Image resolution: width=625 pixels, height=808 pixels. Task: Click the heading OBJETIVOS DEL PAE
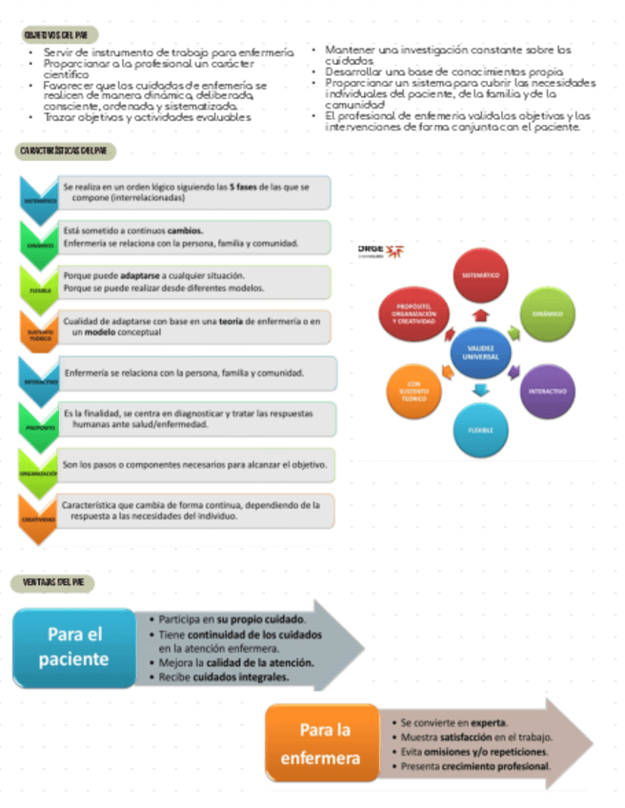click(62, 34)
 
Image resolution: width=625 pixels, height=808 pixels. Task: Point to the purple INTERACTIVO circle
click(548, 392)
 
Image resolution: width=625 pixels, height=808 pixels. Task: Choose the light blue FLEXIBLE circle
click(480, 430)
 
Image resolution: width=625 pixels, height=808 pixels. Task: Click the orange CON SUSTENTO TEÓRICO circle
click(413, 391)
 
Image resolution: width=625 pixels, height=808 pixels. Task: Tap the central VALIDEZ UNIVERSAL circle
click(480, 352)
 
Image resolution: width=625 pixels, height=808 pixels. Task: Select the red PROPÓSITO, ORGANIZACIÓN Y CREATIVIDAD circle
click(413, 314)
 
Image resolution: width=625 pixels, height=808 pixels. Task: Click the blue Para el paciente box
click(73, 646)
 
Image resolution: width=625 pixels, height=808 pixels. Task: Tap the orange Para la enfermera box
click(326, 744)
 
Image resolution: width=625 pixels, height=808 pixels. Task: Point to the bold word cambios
click(185, 231)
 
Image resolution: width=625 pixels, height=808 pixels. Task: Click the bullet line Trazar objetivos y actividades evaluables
click(148, 117)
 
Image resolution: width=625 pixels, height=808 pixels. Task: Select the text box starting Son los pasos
click(194, 465)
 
